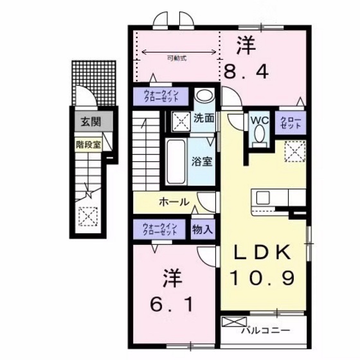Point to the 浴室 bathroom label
point(203,161)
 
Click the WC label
point(259,119)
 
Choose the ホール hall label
point(174,201)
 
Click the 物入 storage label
point(203,229)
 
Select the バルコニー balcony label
point(265,331)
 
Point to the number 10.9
point(263,278)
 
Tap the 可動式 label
point(176,59)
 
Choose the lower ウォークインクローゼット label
point(161,229)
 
